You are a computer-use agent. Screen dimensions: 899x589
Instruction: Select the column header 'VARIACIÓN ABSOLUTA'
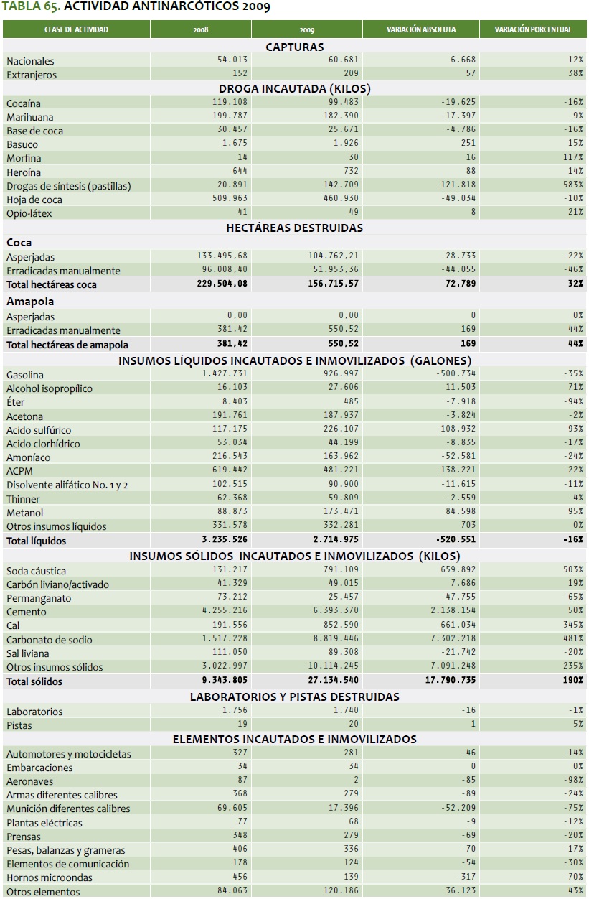pyautogui.click(x=420, y=29)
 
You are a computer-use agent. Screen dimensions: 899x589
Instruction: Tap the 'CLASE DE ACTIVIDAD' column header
pyautogui.click(x=76, y=29)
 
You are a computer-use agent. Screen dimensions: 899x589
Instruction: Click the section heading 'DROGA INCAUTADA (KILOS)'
pyautogui.click(x=294, y=88)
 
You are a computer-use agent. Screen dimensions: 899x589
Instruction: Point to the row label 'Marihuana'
pyautogui.click(x=30, y=117)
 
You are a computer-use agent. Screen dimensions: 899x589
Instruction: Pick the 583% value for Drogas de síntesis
pyautogui.click(x=572, y=185)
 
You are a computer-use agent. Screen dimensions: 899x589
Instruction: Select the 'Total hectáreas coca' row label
pyautogui.click(x=52, y=284)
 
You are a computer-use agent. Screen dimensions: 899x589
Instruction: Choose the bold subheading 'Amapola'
pyautogui.click(x=30, y=302)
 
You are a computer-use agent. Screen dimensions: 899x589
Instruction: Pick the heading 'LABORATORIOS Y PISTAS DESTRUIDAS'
pyautogui.click(x=294, y=697)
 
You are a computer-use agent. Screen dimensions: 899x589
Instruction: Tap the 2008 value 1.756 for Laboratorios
pyautogui.click(x=235, y=711)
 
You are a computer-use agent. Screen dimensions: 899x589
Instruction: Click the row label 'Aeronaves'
pyautogui.click(x=29, y=781)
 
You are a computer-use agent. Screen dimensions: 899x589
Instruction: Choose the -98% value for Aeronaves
pyautogui.click(x=572, y=781)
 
